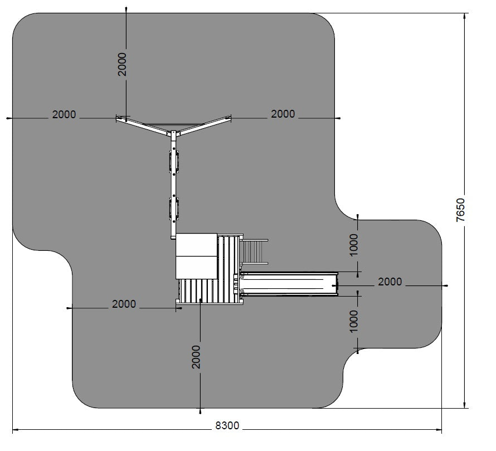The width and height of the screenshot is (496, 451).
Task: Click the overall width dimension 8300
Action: tap(227, 425)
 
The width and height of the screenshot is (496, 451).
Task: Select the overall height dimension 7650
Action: tap(460, 210)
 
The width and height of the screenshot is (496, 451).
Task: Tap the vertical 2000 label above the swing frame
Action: tap(122, 65)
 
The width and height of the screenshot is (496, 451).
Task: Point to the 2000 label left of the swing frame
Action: tap(64, 114)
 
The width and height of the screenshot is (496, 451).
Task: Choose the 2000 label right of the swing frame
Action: tap(283, 114)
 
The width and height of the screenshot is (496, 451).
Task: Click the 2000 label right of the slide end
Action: tap(390, 282)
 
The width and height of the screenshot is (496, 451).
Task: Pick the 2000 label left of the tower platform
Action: tap(124, 304)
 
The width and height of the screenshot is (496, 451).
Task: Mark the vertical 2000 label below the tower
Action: tap(196, 357)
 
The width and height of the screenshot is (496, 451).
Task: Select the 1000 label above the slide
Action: tap(354, 245)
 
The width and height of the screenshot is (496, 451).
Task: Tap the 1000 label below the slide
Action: tap(354, 321)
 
